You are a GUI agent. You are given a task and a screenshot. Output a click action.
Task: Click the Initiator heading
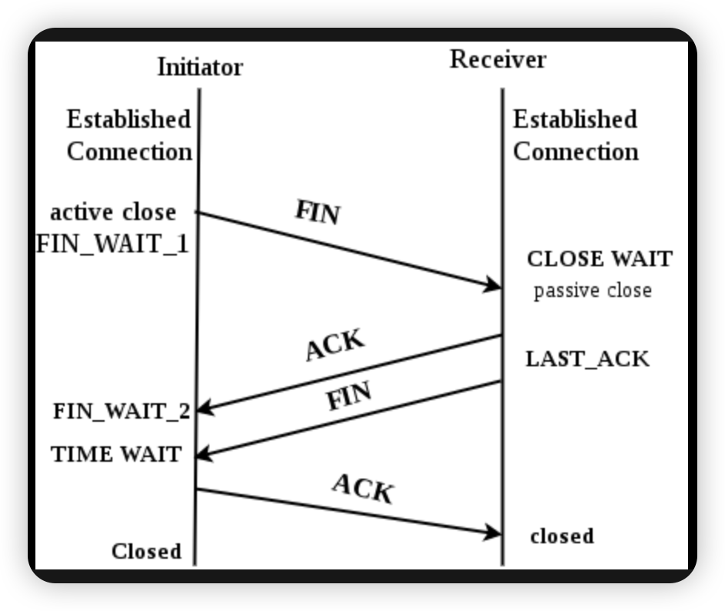click(x=200, y=67)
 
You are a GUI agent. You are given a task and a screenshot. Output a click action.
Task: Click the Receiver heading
click(x=498, y=59)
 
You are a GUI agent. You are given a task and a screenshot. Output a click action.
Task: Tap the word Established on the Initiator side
click(x=129, y=119)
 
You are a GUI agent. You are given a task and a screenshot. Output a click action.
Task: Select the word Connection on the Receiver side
click(x=576, y=152)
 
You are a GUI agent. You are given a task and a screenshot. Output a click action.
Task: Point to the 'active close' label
click(x=113, y=212)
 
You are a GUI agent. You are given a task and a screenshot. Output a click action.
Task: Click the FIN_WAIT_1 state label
click(x=112, y=244)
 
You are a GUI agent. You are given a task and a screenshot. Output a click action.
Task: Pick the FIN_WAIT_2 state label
click(x=122, y=411)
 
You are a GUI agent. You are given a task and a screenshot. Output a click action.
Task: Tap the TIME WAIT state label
click(x=116, y=454)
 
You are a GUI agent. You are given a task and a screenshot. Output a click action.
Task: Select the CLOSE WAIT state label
click(x=600, y=259)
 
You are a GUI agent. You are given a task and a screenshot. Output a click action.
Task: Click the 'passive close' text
click(x=593, y=291)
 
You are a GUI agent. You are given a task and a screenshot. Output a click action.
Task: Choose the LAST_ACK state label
click(x=587, y=359)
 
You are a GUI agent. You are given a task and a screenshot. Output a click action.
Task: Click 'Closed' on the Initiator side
click(x=146, y=551)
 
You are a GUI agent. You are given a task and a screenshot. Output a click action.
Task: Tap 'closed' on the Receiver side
click(x=562, y=536)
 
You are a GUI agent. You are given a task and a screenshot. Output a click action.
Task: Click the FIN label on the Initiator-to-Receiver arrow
click(x=318, y=212)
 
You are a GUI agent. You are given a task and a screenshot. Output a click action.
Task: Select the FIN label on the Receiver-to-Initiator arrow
click(x=349, y=396)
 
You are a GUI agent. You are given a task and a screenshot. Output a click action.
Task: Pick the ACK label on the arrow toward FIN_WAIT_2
click(x=336, y=344)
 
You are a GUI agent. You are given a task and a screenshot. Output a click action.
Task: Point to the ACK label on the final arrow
click(x=363, y=489)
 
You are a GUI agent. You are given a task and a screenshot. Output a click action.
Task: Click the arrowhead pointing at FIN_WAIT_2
click(x=205, y=408)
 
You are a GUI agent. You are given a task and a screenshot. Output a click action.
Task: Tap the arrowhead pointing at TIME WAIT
click(x=205, y=453)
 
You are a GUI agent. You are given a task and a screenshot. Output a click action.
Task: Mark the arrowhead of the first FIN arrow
click(x=492, y=285)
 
